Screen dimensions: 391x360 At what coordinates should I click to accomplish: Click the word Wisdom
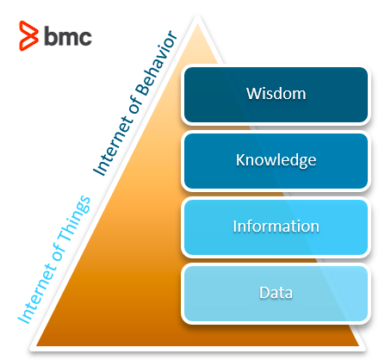pyautogui.click(x=276, y=94)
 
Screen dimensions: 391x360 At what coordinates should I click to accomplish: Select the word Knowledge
pyautogui.click(x=276, y=160)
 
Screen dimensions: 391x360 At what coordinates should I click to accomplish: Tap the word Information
pyautogui.click(x=276, y=227)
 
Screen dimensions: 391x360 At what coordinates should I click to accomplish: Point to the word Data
pyautogui.click(x=276, y=293)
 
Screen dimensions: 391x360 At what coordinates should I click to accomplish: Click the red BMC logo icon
pyautogui.click(x=28, y=35)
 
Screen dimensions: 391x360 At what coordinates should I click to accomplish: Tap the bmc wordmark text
pyautogui.click(x=68, y=35)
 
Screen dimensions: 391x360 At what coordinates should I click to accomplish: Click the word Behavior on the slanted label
pyautogui.click(x=157, y=63)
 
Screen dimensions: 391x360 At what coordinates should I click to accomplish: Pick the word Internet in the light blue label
pyautogui.click(x=36, y=295)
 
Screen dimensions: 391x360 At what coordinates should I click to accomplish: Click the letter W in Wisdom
pyautogui.click(x=253, y=94)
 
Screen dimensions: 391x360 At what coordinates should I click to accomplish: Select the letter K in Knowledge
pyautogui.click(x=240, y=159)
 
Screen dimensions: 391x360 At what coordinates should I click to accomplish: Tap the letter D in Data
pyautogui.click(x=264, y=293)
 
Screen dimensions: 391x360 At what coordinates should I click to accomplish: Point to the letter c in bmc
pyautogui.click(x=85, y=37)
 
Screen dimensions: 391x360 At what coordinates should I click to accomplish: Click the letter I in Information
pyautogui.click(x=234, y=227)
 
